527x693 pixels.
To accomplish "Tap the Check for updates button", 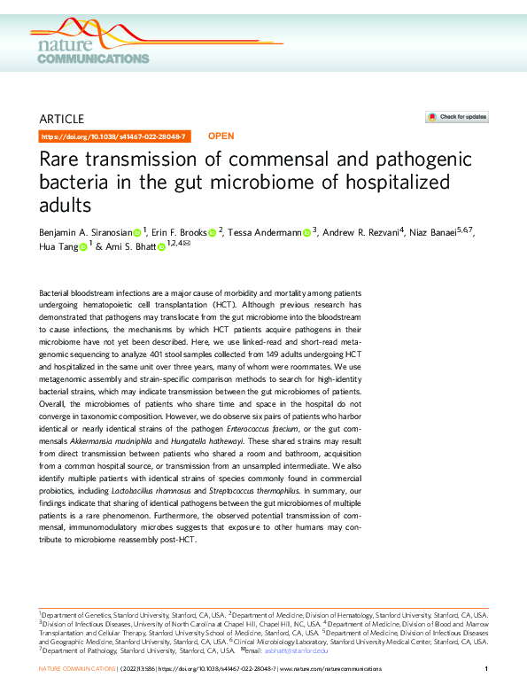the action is [x=457, y=117].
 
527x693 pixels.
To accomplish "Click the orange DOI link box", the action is [x=114, y=136].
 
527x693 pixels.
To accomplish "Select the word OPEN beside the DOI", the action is [x=221, y=136].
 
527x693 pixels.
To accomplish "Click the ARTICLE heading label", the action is [x=62, y=118].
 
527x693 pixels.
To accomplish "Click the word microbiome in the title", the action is [x=281, y=185].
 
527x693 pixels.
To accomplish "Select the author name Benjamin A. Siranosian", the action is [x=87, y=233].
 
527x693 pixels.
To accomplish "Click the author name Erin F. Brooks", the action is [x=180, y=233].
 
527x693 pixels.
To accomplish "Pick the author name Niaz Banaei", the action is [x=440, y=233].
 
